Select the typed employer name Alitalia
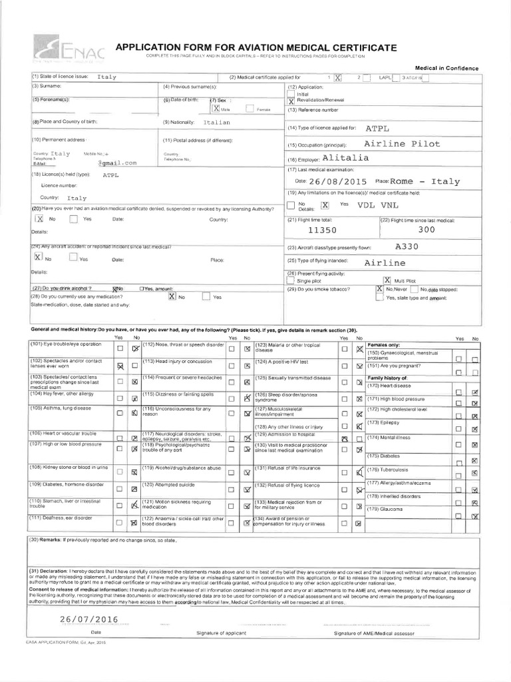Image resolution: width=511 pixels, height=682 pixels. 345,159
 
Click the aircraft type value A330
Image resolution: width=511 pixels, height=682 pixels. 407,246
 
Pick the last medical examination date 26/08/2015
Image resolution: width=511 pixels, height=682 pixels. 338,181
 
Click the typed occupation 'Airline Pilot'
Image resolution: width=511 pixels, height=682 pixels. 402,144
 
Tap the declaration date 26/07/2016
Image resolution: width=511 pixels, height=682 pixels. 88,619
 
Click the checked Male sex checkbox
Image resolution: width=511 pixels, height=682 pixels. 216,107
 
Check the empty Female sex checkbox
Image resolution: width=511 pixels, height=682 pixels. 250,108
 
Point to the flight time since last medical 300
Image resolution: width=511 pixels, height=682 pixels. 426,229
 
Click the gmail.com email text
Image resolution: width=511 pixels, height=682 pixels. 117,162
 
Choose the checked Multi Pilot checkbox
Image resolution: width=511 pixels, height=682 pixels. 387,280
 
